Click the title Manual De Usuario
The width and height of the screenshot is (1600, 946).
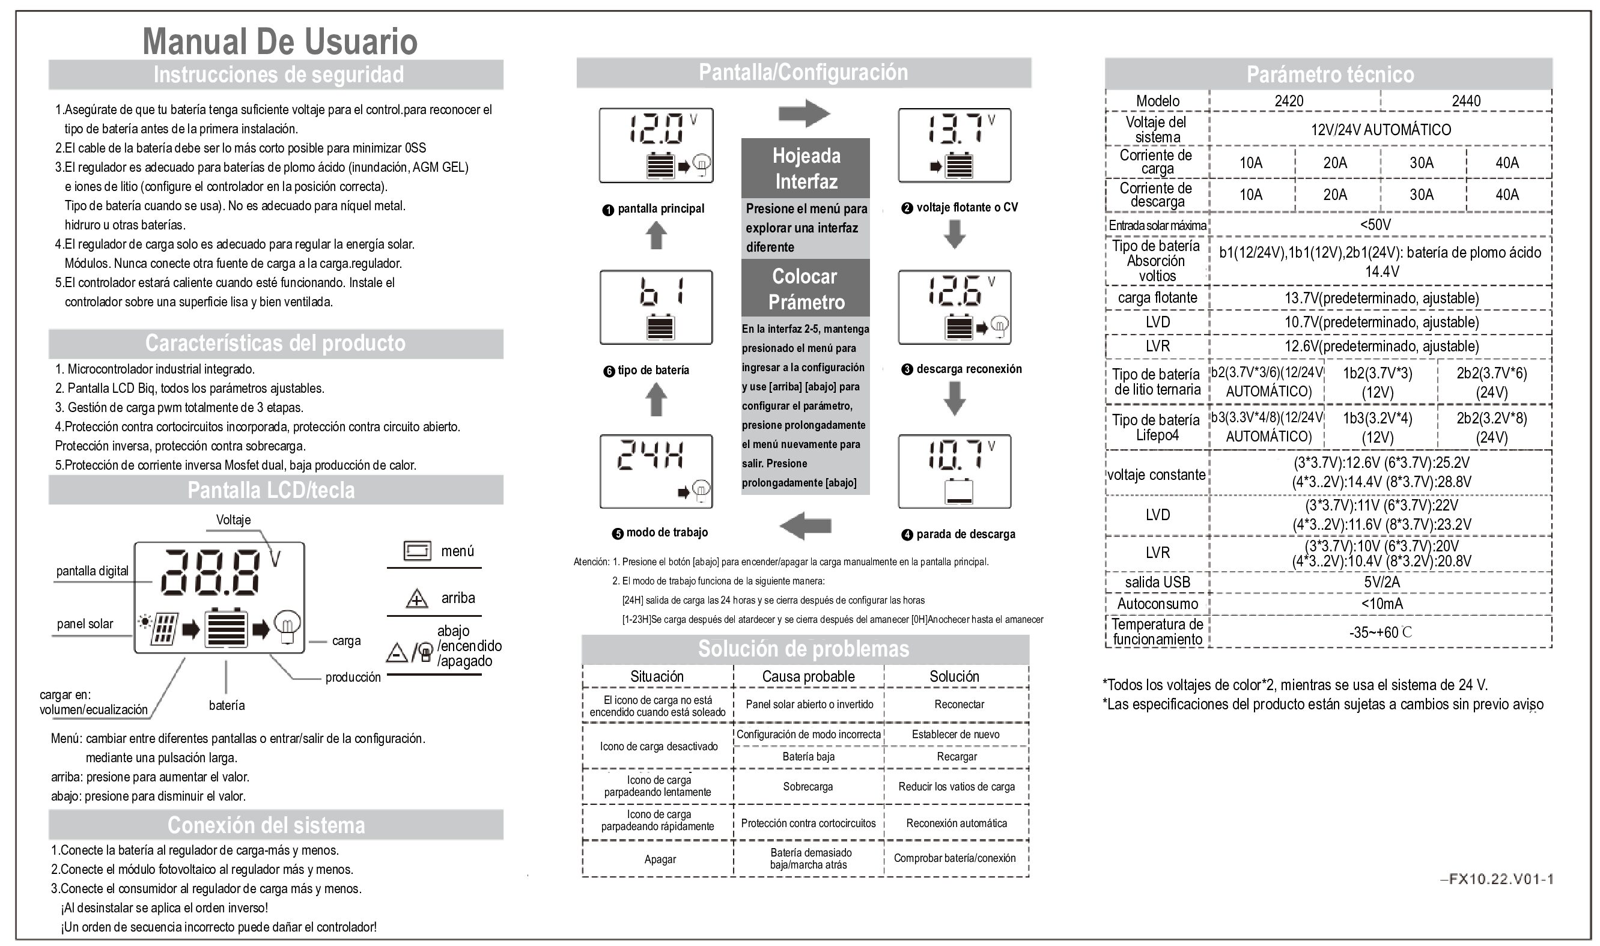pyautogui.click(x=279, y=41)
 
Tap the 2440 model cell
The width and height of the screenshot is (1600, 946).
pyautogui.click(x=1465, y=101)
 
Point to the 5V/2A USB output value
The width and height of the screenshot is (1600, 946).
pyautogui.click(x=1381, y=581)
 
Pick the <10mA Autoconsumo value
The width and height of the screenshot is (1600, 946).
pyautogui.click(x=1381, y=603)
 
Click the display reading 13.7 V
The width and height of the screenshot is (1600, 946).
pyautogui.click(x=954, y=145)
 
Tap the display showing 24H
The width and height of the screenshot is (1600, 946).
pyautogui.click(x=656, y=471)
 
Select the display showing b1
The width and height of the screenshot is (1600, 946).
pyautogui.click(x=656, y=308)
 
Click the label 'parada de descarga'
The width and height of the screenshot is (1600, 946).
pyautogui.click(x=965, y=534)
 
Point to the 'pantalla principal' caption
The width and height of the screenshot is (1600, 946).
pyautogui.click(x=660, y=208)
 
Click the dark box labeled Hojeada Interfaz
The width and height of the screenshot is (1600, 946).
pyautogui.click(x=806, y=168)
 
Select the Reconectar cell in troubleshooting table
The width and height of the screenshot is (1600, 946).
pyautogui.click(x=958, y=705)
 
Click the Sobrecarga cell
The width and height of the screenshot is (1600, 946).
pyautogui.click(x=808, y=787)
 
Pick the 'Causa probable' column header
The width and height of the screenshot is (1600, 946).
pyautogui.click(x=808, y=676)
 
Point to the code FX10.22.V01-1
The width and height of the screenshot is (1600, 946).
pyautogui.click(x=1496, y=879)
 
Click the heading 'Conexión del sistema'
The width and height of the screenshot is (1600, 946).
pyautogui.click(x=266, y=825)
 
